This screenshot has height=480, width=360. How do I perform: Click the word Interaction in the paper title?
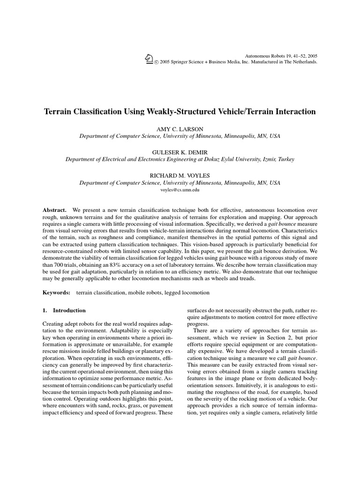[294, 112]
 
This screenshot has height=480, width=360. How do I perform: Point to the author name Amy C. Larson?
[180, 128]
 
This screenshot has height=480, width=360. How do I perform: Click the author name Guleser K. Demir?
[180, 152]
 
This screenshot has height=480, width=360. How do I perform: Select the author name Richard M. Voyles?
[180, 175]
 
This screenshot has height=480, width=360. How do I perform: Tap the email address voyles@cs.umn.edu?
[180, 191]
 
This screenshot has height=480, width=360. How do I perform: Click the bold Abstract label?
[54, 210]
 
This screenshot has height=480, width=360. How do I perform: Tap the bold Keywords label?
[57, 292]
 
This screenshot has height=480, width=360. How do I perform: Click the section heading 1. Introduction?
[64, 310]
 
